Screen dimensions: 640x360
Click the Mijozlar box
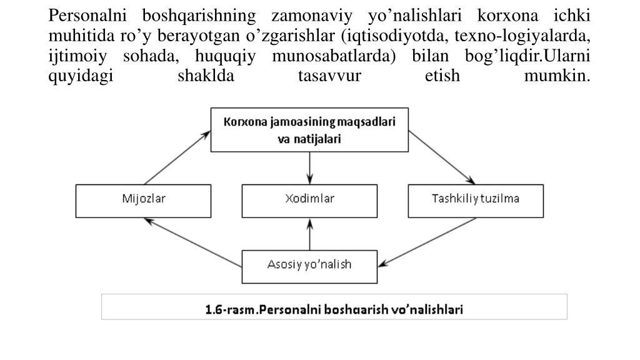(x=143, y=201)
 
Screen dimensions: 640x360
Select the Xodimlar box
(x=309, y=201)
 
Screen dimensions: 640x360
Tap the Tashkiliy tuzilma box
(x=476, y=201)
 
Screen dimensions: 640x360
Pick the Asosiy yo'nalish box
(x=309, y=266)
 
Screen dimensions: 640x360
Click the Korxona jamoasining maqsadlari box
(x=309, y=130)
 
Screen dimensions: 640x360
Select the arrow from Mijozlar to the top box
(x=177, y=157)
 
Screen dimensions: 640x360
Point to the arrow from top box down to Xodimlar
(x=310, y=168)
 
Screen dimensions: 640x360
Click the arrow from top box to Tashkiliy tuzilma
(x=442, y=157)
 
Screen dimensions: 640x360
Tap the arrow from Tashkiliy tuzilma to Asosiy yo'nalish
(x=427, y=242)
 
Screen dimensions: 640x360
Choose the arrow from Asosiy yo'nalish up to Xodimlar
(x=310, y=234)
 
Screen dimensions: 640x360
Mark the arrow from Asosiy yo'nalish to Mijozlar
(x=193, y=242)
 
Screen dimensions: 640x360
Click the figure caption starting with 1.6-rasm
(x=334, y=309)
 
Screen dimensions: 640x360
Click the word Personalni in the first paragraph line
(x=87, y=16)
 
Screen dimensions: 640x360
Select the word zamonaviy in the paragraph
(x=312, y=16)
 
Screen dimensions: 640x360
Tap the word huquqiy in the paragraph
(x=225, y=56)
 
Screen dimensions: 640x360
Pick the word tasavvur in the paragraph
(x=330, y=76)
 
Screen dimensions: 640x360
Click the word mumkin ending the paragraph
(x=557, y=76)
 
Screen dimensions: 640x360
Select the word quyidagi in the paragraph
(x=81, y=76)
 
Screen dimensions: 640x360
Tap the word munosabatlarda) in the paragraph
(x=334, y=56)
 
